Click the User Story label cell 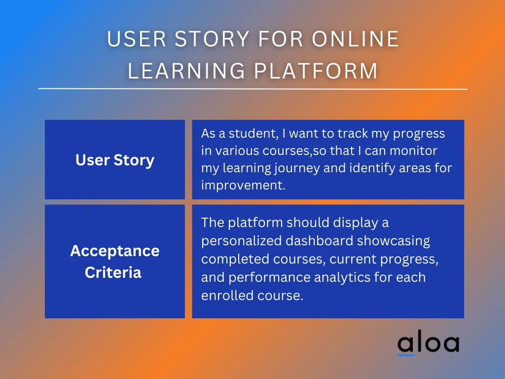pos(115,160)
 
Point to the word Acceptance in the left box pos(115,251)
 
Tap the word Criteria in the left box pos(113,272)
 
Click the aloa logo pos(428,344)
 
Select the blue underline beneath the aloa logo pos(406,355)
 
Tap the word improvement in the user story pos(243,186)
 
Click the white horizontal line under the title pos(252,89)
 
